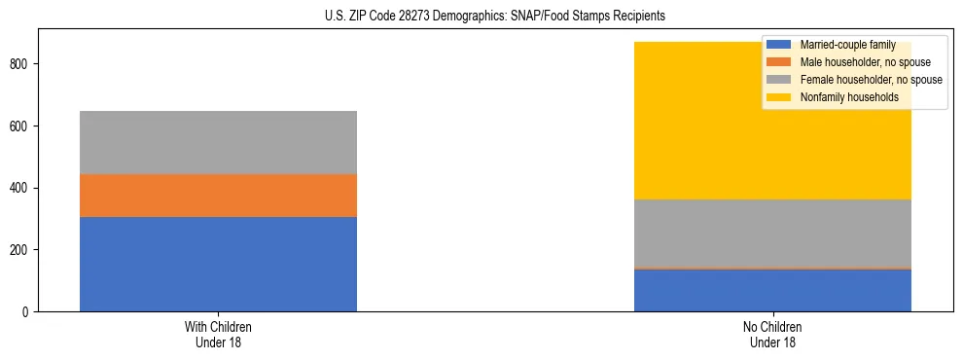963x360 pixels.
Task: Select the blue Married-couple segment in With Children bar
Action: click(218, 264)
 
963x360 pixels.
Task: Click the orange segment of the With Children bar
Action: click(218, 195)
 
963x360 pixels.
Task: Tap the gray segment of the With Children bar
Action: click(218, 142)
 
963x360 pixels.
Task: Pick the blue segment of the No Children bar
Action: click(772, 290)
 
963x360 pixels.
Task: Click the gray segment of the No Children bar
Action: click(772, 234)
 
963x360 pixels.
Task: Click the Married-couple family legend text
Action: click(843, 45)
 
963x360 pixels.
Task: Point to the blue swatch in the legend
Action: click(778, 45)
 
